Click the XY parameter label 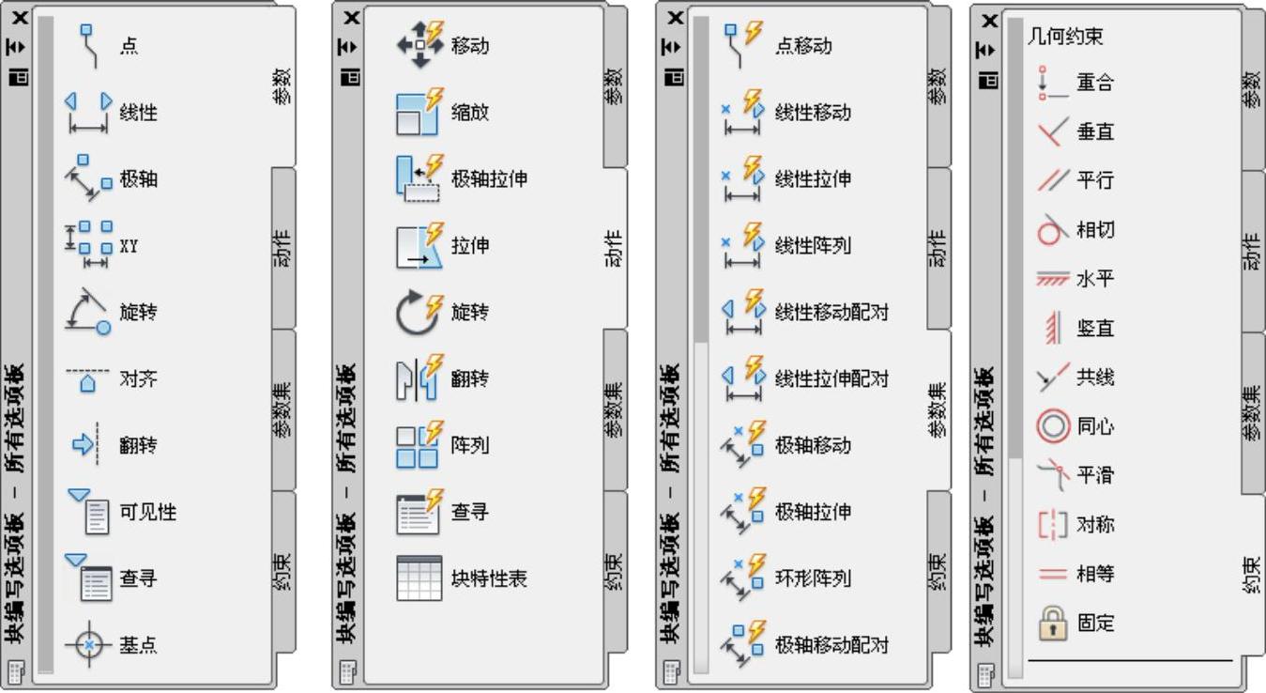point(130,247)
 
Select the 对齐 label point(139,379)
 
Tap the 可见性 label point(148,513)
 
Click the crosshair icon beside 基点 point(89,646)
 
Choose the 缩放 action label point(470,113)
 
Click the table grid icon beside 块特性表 point(419,578)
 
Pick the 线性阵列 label point(813,246)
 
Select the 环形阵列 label point(813,578)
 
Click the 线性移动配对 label point(831,313)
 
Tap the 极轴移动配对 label point(831,646)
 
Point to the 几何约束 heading point(1065,38)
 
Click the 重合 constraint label point(1095,83)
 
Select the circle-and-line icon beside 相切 point(1054,230)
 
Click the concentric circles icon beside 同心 point(1053,426)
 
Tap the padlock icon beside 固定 point(1053,623)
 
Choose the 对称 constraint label point(1095,525)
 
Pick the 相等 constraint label point(1095,574)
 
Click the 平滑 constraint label point(1095,475)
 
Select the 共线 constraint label point(1095,377)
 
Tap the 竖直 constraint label point(1095,329)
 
